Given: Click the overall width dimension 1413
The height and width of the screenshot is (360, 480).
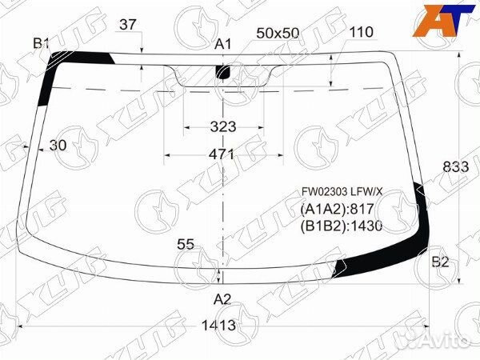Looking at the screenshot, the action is click(x=218, y=325).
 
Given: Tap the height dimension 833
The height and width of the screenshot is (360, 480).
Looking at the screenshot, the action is click(x=456, y=167).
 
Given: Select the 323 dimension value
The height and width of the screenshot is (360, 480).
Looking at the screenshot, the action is click(x=223, y=126).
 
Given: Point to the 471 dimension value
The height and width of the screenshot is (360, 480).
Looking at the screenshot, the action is click(x=222, y=154).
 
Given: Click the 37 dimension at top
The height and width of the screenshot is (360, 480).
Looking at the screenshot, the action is click(x=128, y=25).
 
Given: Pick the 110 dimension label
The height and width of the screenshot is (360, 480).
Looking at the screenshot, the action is click(x=362, y=32).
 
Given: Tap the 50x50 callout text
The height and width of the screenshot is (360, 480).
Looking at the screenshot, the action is click(x=278, y=33).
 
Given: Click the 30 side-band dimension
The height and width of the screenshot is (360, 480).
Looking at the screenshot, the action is click(x=58, y=145).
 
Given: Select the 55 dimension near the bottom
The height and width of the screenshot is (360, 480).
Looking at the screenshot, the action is click(x=186, y=244).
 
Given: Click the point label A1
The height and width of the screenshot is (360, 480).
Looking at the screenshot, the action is click(x=222, y=45).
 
